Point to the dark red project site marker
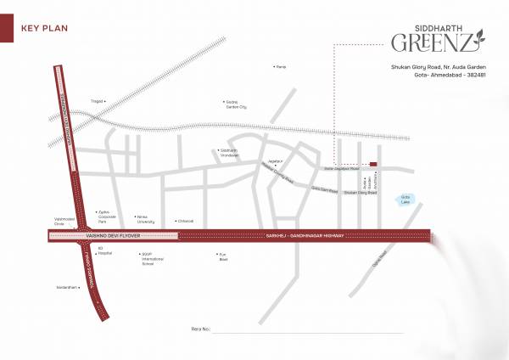[x=373, y=165]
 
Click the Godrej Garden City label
[x=235, y=105]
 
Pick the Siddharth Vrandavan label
[x=230, y=154]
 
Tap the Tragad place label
[x=97, y=101]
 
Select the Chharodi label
[x=184, y=221]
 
